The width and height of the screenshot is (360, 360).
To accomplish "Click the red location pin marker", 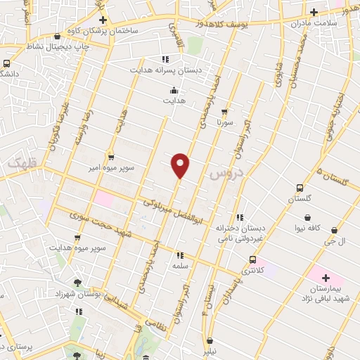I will [x=181, y=165].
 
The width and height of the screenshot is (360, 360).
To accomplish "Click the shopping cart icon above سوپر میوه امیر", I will [x=110, y=157].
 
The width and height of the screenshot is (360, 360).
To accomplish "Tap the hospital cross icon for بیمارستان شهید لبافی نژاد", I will [x=325, y=278].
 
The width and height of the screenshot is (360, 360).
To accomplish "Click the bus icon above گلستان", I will [x=300, y=188].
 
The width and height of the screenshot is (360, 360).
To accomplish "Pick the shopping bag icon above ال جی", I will [x=333, y=230].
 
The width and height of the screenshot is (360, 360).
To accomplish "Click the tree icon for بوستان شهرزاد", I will [x=77, y=283].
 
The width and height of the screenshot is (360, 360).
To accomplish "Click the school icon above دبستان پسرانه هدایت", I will [x=165, y=59].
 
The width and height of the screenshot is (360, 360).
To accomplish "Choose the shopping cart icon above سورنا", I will [x=224, y=111].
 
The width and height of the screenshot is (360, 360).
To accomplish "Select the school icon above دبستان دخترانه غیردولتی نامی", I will [x=240, y=217].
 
